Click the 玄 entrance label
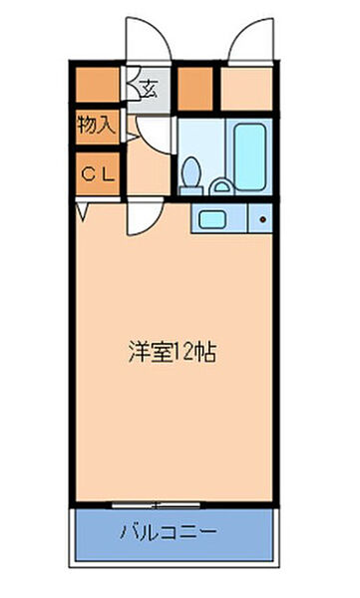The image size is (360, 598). pyautogui.click(x=149, y=87)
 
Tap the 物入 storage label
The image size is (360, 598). pyautogui.click(x=99, y=126)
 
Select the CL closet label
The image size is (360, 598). pyautogui.click(x=99, y=173)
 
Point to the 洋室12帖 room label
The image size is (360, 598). pyautogui.click(x=173, y=352)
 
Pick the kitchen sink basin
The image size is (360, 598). pyautogui.click(x=210, y=219)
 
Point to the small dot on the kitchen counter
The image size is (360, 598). pyautogui.click(x=261, y=219)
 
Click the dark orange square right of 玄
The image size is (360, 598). pyautogui.click(x=196, y=87)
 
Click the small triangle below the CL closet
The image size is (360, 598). pyautogui.click(x=83, y=210)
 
